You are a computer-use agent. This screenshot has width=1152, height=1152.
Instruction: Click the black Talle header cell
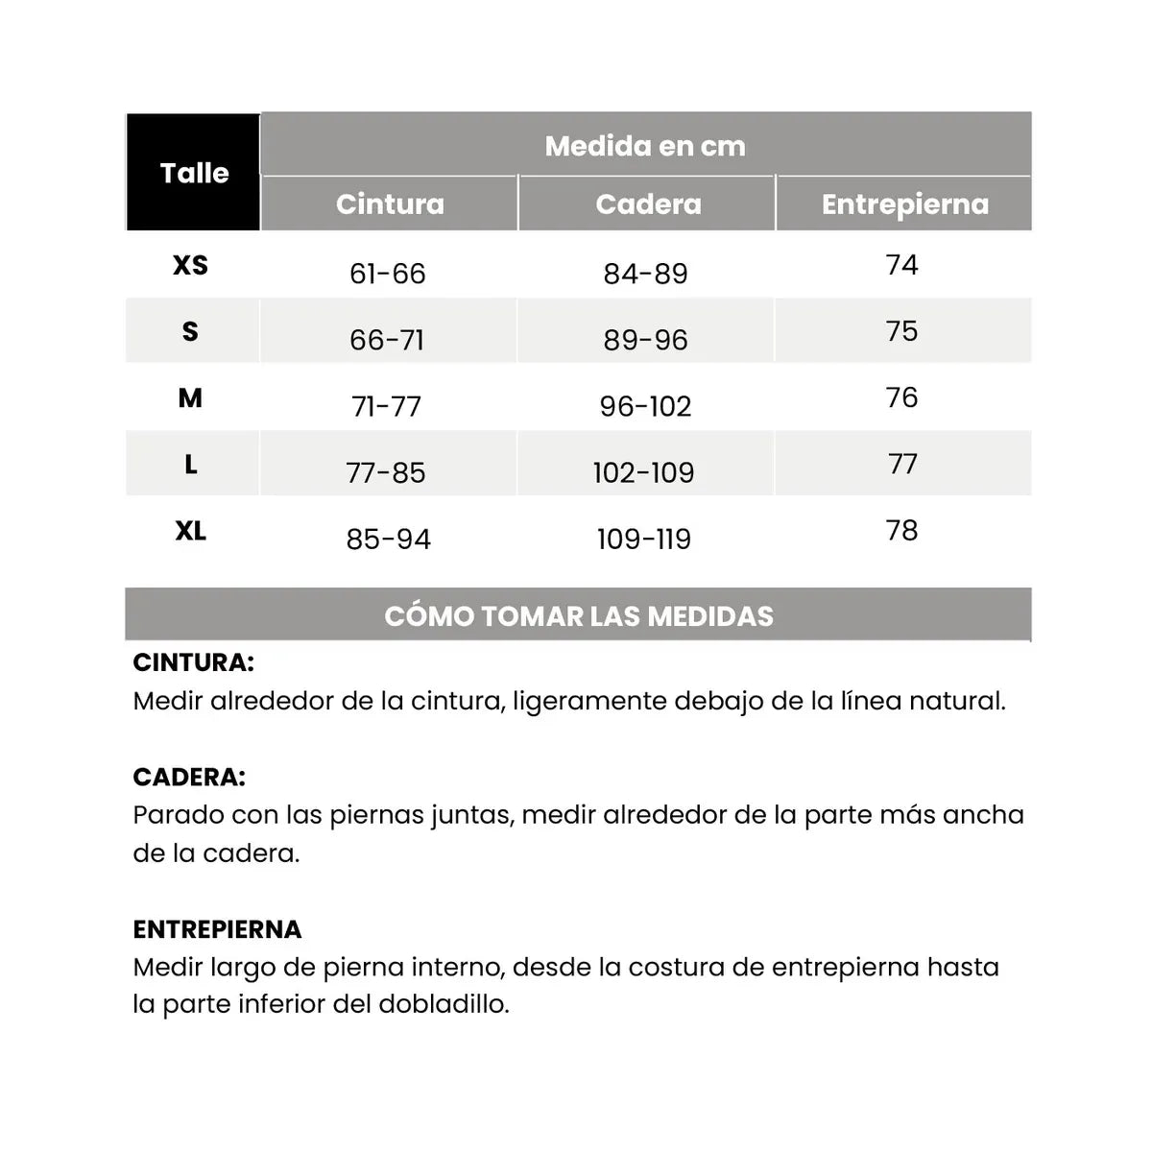point(194,173)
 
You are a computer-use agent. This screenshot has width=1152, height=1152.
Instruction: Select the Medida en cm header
point(645,146)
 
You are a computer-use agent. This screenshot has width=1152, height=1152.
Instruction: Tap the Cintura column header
point(390,204)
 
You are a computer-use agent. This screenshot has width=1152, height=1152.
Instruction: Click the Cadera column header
point(648,204)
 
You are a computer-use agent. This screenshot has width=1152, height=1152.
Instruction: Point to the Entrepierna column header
point(904,204)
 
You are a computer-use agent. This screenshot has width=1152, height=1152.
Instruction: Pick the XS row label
point(190,265)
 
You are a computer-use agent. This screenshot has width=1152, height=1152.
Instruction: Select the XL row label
point(190,531)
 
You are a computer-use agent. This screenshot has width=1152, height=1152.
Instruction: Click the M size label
point(190,397)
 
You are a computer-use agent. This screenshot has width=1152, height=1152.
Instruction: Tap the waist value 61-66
point(387,274)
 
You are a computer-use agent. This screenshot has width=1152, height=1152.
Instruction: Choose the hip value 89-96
point(645,340)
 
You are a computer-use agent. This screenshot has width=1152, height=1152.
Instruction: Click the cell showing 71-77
point(387,406)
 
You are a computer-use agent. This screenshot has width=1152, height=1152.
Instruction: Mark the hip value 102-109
point(643,472)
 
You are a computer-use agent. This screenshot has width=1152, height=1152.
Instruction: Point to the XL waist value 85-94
point(388,539)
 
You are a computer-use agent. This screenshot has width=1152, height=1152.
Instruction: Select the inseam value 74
point(901,265)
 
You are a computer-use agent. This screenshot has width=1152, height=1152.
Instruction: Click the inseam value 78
point(901,531)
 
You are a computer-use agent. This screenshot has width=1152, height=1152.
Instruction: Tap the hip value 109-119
point(643,539)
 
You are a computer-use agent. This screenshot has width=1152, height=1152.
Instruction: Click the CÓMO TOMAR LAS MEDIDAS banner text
point(579,616)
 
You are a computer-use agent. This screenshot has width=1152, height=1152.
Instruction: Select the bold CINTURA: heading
point(193,662)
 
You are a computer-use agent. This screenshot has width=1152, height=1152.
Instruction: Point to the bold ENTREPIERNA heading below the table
point(217,929)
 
